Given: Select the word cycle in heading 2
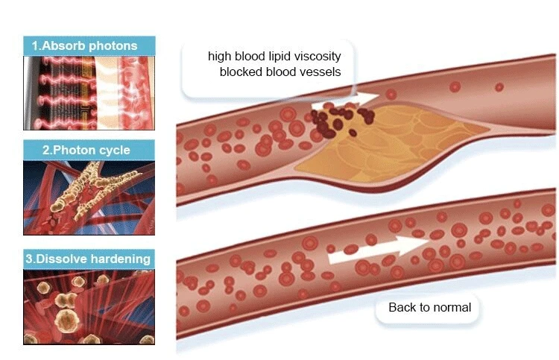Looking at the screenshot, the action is pyautogui.click(x=113, y=150).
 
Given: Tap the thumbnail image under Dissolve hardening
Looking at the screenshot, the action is pyautogui.click(x=89, y=306).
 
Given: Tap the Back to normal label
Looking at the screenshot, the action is pyautogui.click(x=429, y=307).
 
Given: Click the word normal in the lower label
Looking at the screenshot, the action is pyautogui.click(x=452, y=307).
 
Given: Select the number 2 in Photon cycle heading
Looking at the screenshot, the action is pyautogui.click(x=45, y=150).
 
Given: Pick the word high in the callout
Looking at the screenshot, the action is pyautogui.click(x=221, y=56).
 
